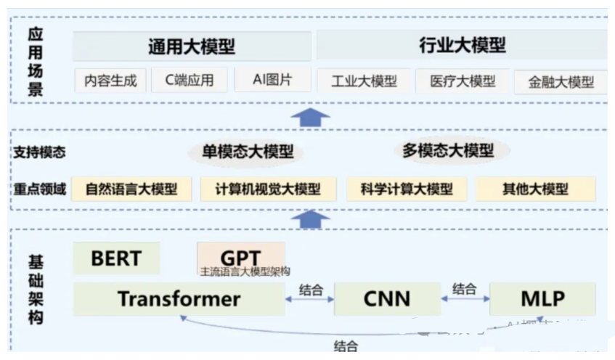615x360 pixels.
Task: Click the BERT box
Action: coord(116,258)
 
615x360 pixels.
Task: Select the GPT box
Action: coord(240,258)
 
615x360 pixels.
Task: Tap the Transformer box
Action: coord(179,298)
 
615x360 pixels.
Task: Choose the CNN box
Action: coord(386,298)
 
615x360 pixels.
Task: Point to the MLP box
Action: coord(542,298)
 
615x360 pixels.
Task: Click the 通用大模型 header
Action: coord(192,47)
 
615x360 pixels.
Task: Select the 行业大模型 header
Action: coord(462,46)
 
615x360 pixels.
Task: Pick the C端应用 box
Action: coord(190,80)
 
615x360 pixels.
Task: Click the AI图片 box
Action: coord(272,80)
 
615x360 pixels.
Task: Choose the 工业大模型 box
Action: coord(364,81)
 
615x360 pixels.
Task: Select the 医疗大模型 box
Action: coord(463,81)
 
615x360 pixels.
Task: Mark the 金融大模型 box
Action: coord(561,82)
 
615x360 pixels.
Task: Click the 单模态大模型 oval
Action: coord(248,152)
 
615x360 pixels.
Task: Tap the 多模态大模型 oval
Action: coord(448,151)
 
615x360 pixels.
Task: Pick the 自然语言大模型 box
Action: coord(131,189)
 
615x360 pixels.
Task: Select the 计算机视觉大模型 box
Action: coord(268,189)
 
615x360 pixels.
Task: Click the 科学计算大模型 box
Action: coord(406,189)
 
